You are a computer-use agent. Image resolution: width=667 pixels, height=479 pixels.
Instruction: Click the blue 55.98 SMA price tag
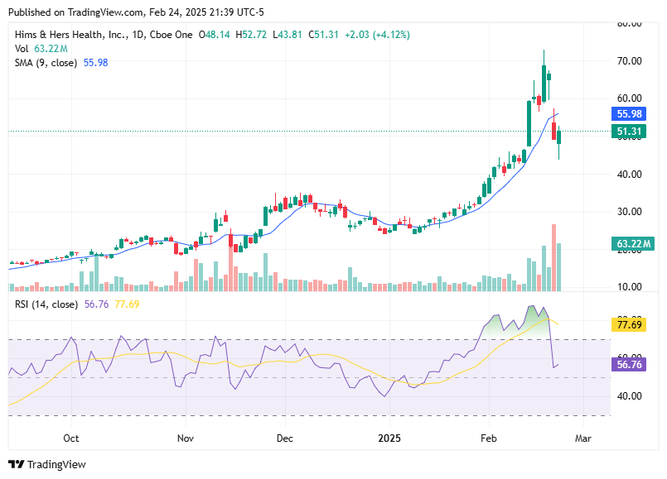[630, 114]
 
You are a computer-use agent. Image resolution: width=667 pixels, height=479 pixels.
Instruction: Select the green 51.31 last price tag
[630, 132]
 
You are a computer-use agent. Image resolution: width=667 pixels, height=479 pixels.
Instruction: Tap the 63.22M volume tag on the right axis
[635, 243]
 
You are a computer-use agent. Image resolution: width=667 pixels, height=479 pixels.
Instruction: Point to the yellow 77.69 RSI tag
[630, 326]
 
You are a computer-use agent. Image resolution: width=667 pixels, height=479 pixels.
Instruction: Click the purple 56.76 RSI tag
[630, 364]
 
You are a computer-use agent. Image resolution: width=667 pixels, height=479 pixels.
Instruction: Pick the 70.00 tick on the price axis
[631, 61]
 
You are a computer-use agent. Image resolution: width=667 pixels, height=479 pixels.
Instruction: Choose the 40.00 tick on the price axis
[631, 174]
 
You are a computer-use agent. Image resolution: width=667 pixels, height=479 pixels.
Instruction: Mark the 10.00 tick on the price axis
[631, 287]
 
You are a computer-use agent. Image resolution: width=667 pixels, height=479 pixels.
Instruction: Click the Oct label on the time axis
[71, 438]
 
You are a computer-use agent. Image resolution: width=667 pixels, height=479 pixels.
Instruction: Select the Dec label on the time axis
[285, 438]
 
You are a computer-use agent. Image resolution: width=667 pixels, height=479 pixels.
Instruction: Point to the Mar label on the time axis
[583, 438]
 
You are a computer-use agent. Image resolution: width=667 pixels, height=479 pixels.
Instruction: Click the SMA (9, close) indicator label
[46, 63]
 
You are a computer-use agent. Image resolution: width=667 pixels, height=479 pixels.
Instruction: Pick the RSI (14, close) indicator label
[46, 304]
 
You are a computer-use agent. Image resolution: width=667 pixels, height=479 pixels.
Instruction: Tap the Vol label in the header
[22, 49]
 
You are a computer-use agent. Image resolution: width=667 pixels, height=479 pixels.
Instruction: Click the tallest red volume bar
[553, 257]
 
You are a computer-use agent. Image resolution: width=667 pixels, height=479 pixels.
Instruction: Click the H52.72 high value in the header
[253, 35]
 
